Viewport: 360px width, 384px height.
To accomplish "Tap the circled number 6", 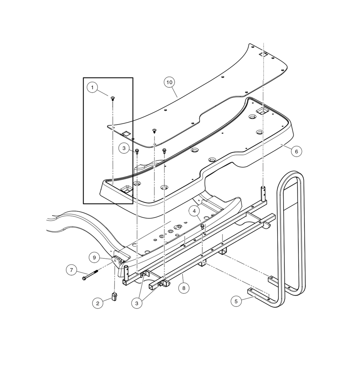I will coord(296,151).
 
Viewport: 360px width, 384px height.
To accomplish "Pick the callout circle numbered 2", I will coord(97,303).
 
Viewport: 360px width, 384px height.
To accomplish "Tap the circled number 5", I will coord(95,257).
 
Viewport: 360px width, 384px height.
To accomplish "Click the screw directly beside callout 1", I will coord(112,98).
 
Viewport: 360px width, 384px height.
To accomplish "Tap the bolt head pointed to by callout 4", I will coord(203,226).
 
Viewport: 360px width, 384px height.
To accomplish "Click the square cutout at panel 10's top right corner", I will coord(264,55).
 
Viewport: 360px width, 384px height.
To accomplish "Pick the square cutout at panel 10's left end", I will coord(126,133).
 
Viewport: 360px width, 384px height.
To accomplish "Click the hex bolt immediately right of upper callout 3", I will coord(137,151).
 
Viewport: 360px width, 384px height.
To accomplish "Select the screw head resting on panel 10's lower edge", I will coord(154,131).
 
